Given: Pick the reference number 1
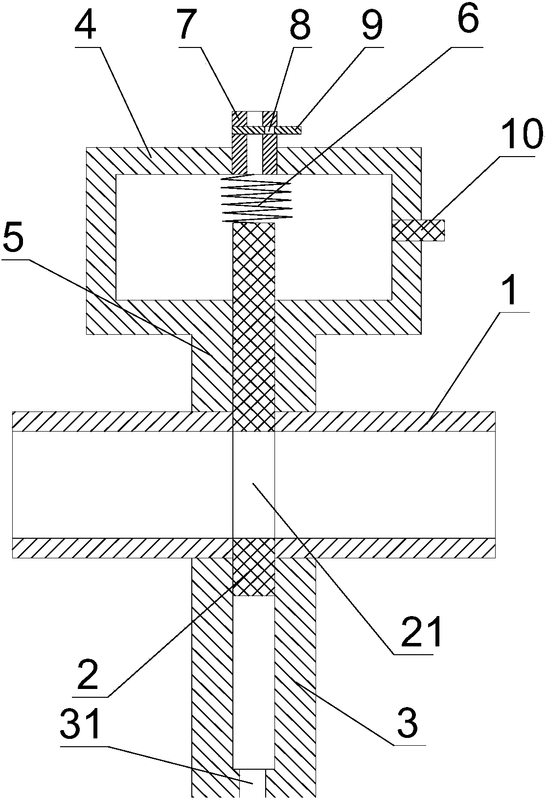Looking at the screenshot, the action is click(x=511, y=289).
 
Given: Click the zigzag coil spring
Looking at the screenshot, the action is click(x=257, y=198).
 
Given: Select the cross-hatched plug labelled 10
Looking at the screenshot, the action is click(x=419, y=230).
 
